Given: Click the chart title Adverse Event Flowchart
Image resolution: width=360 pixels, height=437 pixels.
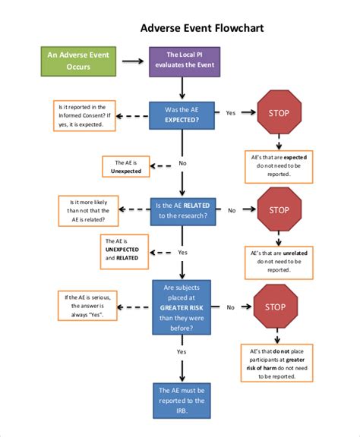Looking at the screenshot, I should tap(202, 28).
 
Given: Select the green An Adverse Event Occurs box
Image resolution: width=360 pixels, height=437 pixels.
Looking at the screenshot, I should tap(78, 61).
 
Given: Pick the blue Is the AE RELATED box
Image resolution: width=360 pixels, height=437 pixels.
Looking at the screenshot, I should tap(182, 210).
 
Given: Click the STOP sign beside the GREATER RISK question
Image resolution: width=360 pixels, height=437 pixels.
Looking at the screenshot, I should tap(275, 307).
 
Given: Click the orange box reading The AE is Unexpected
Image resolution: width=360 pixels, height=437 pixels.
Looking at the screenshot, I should tap(125, 167).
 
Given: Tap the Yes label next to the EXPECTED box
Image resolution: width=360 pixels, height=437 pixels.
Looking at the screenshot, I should tap(230, 113).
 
